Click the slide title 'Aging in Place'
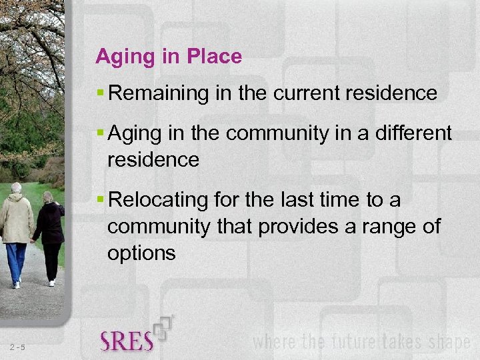pos(169,57)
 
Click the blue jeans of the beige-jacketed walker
pos(16,262)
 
